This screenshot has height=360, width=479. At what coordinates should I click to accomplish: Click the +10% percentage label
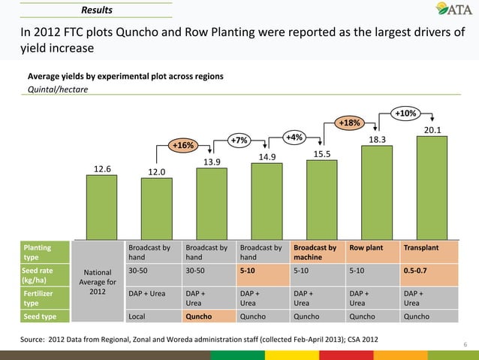click(x=405, y=113)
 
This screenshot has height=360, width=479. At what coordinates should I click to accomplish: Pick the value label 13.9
click(x=212, y=162)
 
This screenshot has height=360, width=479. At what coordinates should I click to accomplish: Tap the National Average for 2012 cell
click(x=97, y=282)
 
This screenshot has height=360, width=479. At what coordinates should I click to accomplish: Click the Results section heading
click(x=97, y=11)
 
